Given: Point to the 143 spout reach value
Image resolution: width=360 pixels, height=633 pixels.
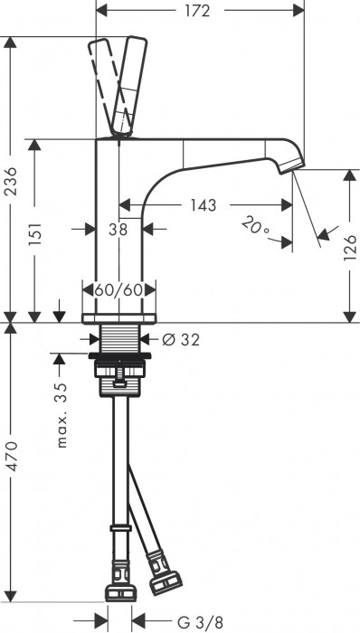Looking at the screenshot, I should click(x=203, y=205).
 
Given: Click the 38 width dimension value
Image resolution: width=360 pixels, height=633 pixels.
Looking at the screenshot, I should click(x=118, y=230).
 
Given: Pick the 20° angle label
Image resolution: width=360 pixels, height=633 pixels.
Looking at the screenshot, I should click(x=256, y=226).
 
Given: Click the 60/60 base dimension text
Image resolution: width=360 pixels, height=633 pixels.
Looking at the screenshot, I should click(x=119, y=290).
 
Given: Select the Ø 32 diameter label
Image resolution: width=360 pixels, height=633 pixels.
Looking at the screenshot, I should click(x=180, y=340).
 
